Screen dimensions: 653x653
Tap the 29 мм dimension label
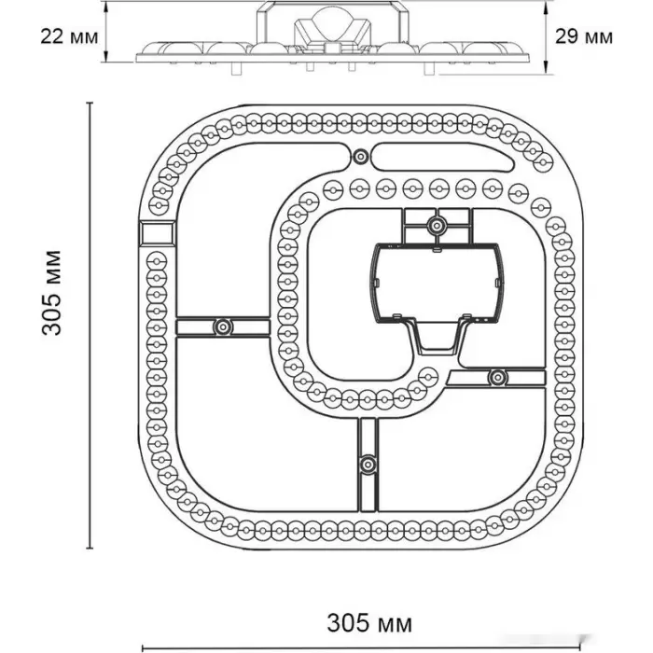tap(584, 36)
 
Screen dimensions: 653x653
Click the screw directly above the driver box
tap(435, 224)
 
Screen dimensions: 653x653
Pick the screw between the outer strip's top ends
tap(359, 156)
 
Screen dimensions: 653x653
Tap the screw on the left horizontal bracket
tap(222, 326)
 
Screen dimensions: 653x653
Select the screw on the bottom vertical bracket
tap(368, 462)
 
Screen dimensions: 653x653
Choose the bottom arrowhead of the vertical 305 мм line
tap(90, 547)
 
